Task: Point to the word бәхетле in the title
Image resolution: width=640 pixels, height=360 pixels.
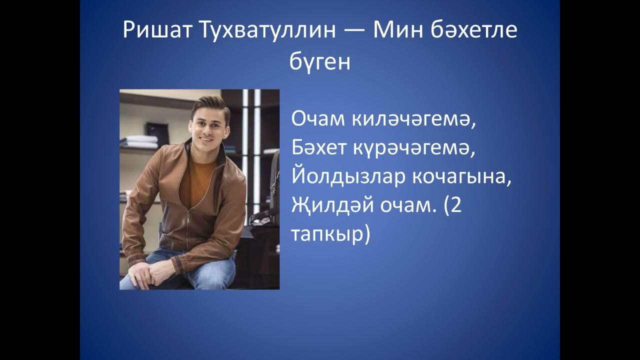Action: pos(472,31)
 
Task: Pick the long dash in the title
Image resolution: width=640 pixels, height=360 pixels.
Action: pos(347,32)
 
